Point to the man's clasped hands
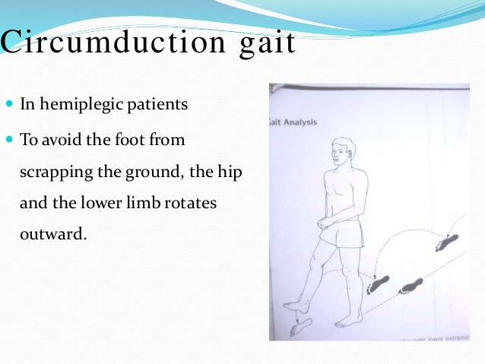pos(324,224)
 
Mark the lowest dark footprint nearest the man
pos(377,285)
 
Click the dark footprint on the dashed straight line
pos(411,286)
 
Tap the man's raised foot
pos(300,328)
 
